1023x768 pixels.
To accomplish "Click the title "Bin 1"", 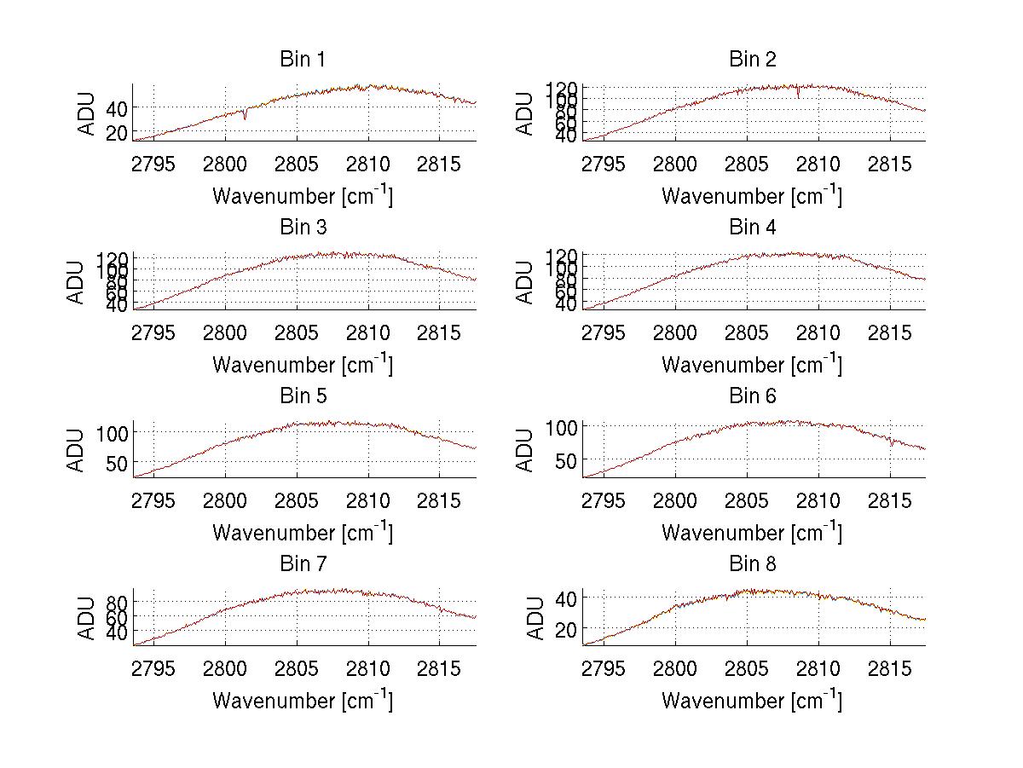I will pos(303,60).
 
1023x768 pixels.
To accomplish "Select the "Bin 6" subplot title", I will pos(753,396).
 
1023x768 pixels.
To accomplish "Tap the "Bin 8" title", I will pos(753,564).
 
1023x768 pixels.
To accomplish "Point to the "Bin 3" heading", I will pos(303,228).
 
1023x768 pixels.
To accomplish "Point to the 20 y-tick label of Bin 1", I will pos(117,133).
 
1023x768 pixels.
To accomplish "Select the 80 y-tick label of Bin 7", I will pos(117,601).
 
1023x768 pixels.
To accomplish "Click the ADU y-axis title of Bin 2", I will pos(526,113).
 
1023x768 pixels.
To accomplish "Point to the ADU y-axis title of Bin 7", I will pos(77,617).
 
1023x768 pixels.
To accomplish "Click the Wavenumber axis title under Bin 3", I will pos(303,364).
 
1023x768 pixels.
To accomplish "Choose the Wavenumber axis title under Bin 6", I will pos(752,533).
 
